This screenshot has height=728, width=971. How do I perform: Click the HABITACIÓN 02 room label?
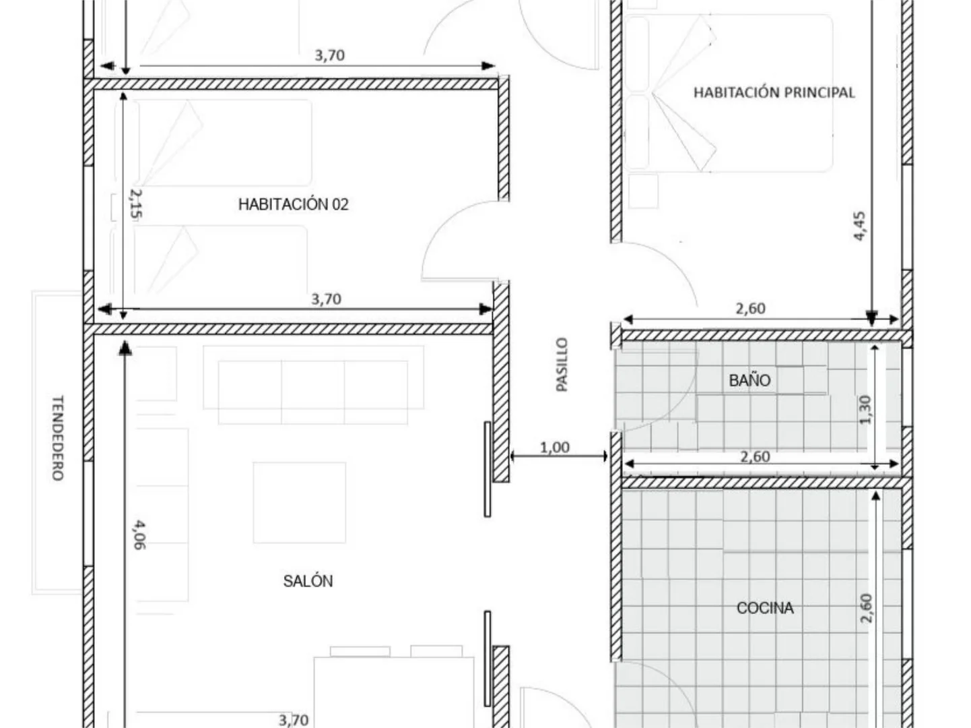[x=294, y=204]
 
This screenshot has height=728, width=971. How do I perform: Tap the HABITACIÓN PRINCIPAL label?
[x=774, y=92]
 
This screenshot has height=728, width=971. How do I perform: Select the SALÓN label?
[x=308, y=581]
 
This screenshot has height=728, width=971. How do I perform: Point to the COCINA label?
[x=765, y=608]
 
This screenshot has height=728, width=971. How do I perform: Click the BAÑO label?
[x=749, y=380]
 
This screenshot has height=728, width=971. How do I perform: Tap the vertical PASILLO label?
[x=562, y=365]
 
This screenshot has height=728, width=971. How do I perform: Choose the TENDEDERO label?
[x=58, y=438]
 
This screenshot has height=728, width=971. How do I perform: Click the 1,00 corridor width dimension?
[x=555, y=448]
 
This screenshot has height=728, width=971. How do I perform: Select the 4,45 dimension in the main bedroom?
[x=859, y=226]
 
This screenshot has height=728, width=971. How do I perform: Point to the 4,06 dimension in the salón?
[x=139, y=535]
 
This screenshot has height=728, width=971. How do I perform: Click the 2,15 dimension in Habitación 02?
[x=136, y=204]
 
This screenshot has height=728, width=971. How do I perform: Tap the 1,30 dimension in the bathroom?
[x=865, y=410]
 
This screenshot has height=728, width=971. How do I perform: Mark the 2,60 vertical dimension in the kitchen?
[x=867, y=609]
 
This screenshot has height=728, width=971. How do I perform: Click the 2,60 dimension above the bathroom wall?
[x=750, y=309]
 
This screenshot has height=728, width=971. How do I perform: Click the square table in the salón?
[x=300, y=503]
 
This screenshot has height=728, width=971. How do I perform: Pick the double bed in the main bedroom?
[x=729, y=93]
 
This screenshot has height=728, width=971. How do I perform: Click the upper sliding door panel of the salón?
[x=487, y=469]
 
